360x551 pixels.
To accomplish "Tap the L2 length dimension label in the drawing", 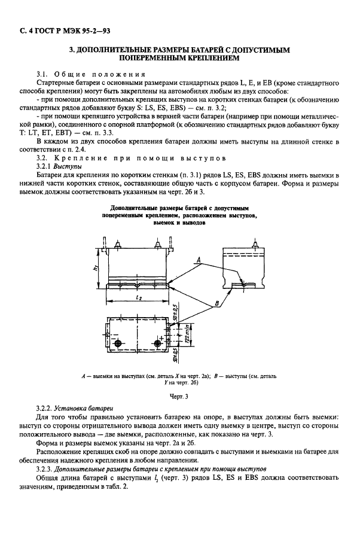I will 138,297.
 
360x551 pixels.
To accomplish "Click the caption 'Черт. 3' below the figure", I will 179,396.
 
